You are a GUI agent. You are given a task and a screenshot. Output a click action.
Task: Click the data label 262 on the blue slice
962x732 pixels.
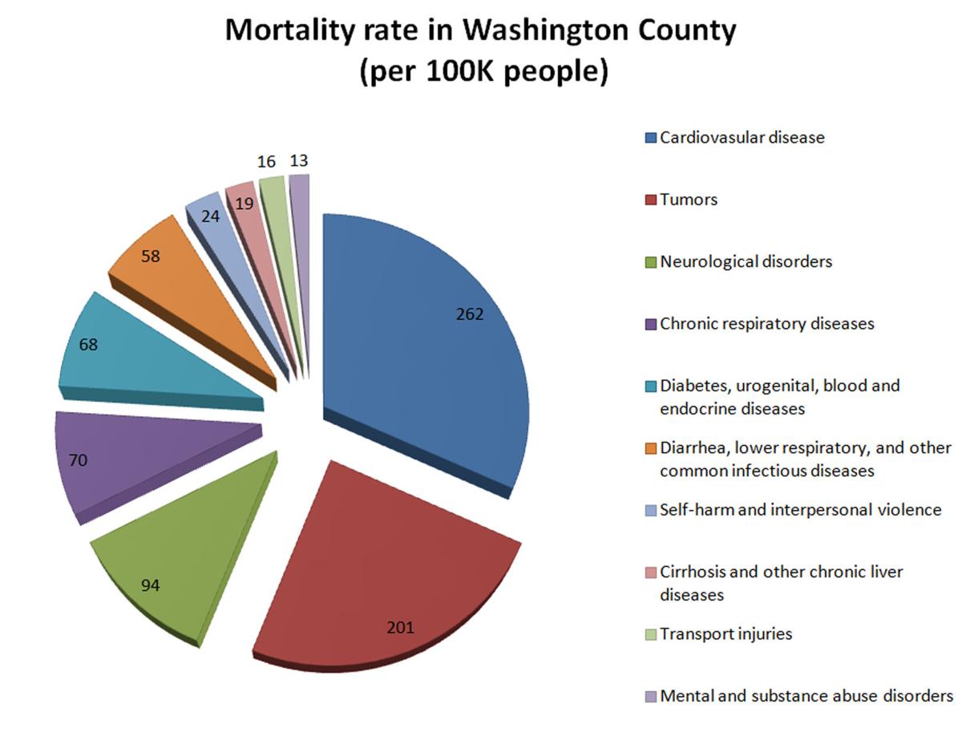[470, 315]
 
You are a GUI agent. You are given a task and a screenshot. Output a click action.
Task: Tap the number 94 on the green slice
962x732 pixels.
[150, 586]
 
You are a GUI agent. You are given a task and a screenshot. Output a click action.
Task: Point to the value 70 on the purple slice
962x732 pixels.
[78, 460]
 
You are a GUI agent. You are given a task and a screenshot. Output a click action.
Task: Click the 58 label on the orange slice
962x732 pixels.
[151, 257]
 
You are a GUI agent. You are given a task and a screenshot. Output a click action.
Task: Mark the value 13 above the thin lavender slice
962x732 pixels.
[299, 161]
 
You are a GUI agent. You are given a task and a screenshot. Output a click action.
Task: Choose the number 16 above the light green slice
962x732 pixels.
[267, 163]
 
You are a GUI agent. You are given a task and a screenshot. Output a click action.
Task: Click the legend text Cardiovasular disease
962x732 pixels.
[742, 137]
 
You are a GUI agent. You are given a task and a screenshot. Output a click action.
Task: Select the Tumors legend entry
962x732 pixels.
[689, 200]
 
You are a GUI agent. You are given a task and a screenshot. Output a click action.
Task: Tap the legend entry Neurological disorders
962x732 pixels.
[746, 261]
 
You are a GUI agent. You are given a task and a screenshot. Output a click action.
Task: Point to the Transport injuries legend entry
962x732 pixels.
[726, 634]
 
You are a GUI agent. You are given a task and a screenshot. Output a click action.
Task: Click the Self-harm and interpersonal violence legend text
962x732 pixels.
[800, 510]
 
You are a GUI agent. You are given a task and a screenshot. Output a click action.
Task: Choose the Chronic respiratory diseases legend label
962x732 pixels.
[766, 324]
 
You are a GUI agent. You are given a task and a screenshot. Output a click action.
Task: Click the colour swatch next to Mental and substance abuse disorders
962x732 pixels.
[650, 697]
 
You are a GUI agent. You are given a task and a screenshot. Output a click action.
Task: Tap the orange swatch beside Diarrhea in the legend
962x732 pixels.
[650, 448]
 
